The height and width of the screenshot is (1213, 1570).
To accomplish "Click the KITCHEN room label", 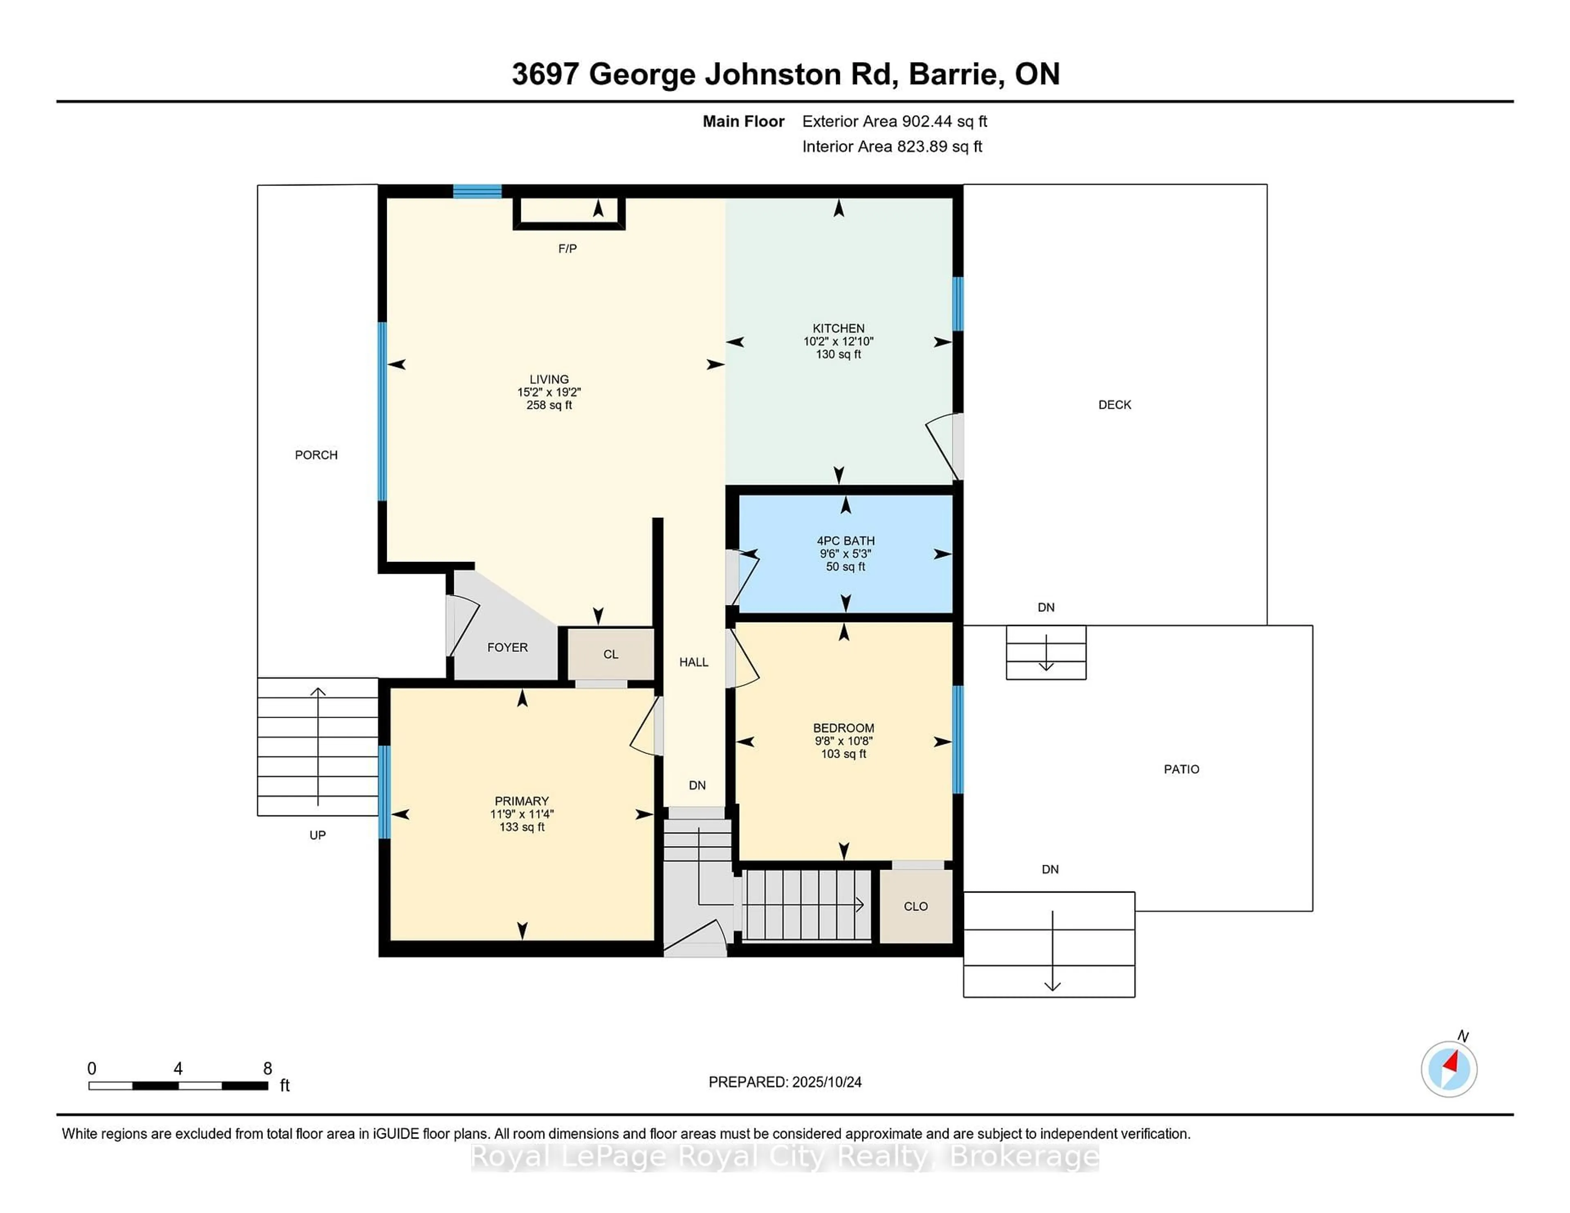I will pyautogui.click(x=838, y=329).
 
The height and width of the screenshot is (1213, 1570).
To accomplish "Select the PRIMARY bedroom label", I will pyautogui.click(x=521, y=801).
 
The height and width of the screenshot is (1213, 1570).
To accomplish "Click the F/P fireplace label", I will pyautogui.click(x=567, y=248).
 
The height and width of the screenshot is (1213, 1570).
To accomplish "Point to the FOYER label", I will pyautogui.click(x=507, y=647).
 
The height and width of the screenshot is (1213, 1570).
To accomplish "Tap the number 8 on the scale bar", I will pyautogui.click(x=267, y=1069).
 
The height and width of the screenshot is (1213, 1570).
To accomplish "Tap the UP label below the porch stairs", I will pyautogui.click(x=317, y=835).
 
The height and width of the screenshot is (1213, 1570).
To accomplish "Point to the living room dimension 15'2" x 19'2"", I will pyautogui.click(x=549, y=392).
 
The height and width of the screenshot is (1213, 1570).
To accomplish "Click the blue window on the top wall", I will pyautogui.click(x=477, y=191).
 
